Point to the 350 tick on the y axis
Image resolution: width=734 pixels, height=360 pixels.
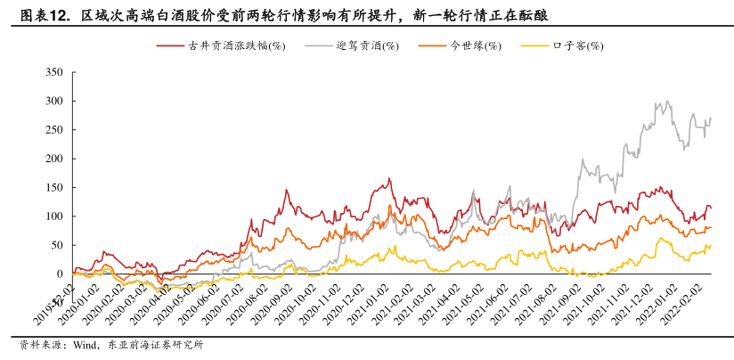(53, 72)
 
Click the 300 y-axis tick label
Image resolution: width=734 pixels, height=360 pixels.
(53, 101)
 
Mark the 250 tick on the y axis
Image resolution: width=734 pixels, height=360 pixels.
(53, 130)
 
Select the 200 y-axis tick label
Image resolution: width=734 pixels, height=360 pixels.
(53, 159)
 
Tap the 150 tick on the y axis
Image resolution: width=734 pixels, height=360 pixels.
(53, 187)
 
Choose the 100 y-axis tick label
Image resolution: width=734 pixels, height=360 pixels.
(53, 217)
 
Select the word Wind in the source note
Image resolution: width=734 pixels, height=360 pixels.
(86, 346)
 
